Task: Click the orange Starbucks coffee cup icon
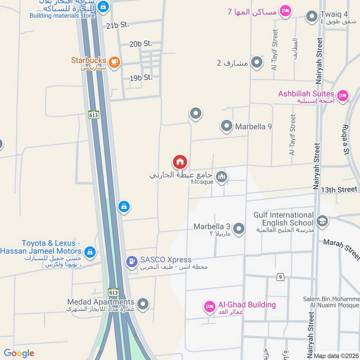[x=114, y=63]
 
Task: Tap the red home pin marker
[x=180, y=162]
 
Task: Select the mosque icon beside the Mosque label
[x=221, y=177]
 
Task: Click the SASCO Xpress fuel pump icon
[x=132, y=261]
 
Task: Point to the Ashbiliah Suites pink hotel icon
[x=343, y=96]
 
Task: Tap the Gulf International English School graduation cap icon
[x=322, y=220]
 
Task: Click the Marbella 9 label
[x=253, y=126]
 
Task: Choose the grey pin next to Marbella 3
[x=239, y=229]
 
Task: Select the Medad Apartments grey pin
[x=143, y=305]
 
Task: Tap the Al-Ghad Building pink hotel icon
[x=209, y=306]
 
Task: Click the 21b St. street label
[x=118, y=25]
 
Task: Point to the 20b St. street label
[x=141, y=44]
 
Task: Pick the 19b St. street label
[x=141, y=78]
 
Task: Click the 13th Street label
[x=339, y=189]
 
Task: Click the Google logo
[x=19, y=353]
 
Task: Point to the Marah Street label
[x=341, y=249]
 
